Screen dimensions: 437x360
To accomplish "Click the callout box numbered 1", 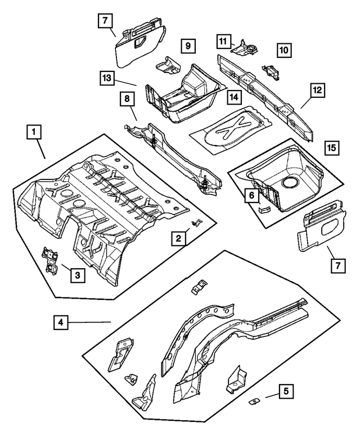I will (x=34, y=133).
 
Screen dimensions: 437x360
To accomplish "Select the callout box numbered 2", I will (x=178, y=239).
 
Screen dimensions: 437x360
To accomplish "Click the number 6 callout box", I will (x=251, y=195).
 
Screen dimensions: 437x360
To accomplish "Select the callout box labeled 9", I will (x=188, y=45).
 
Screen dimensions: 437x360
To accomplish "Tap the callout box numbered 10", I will (x=284, y=51).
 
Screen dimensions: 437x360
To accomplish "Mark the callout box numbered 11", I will (x=224, y=40).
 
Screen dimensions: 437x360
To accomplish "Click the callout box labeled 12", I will (x=317, y=89).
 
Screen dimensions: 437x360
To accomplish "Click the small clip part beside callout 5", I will (x=254, y=402).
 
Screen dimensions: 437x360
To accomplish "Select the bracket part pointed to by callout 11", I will (x=246, y=48).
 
